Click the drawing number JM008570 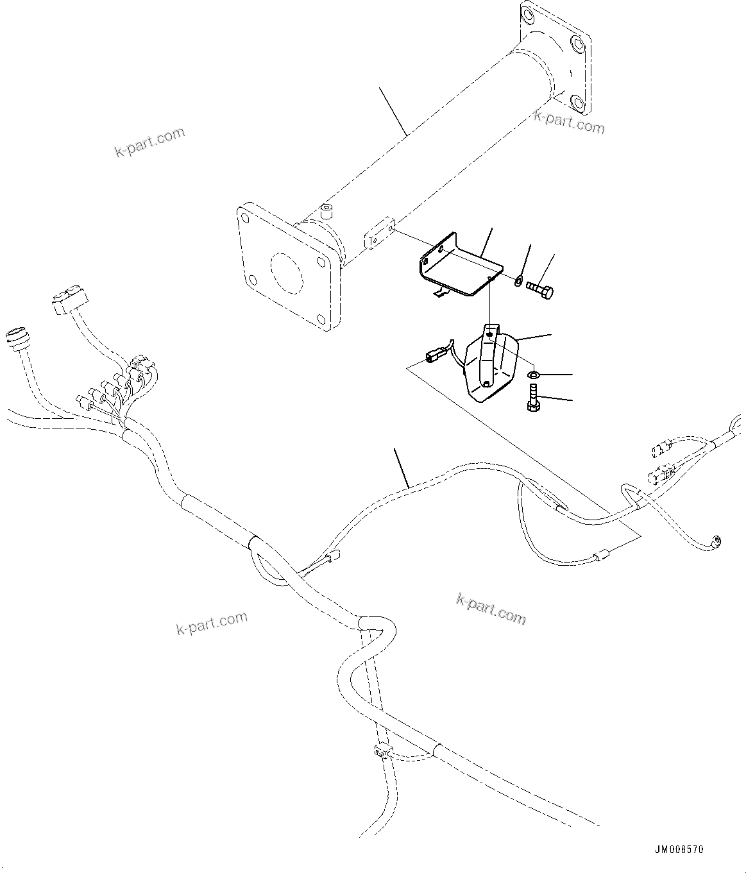(x=679, y=849)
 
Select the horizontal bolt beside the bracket (x=540, y=289)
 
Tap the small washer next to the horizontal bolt (x=517, y=279)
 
